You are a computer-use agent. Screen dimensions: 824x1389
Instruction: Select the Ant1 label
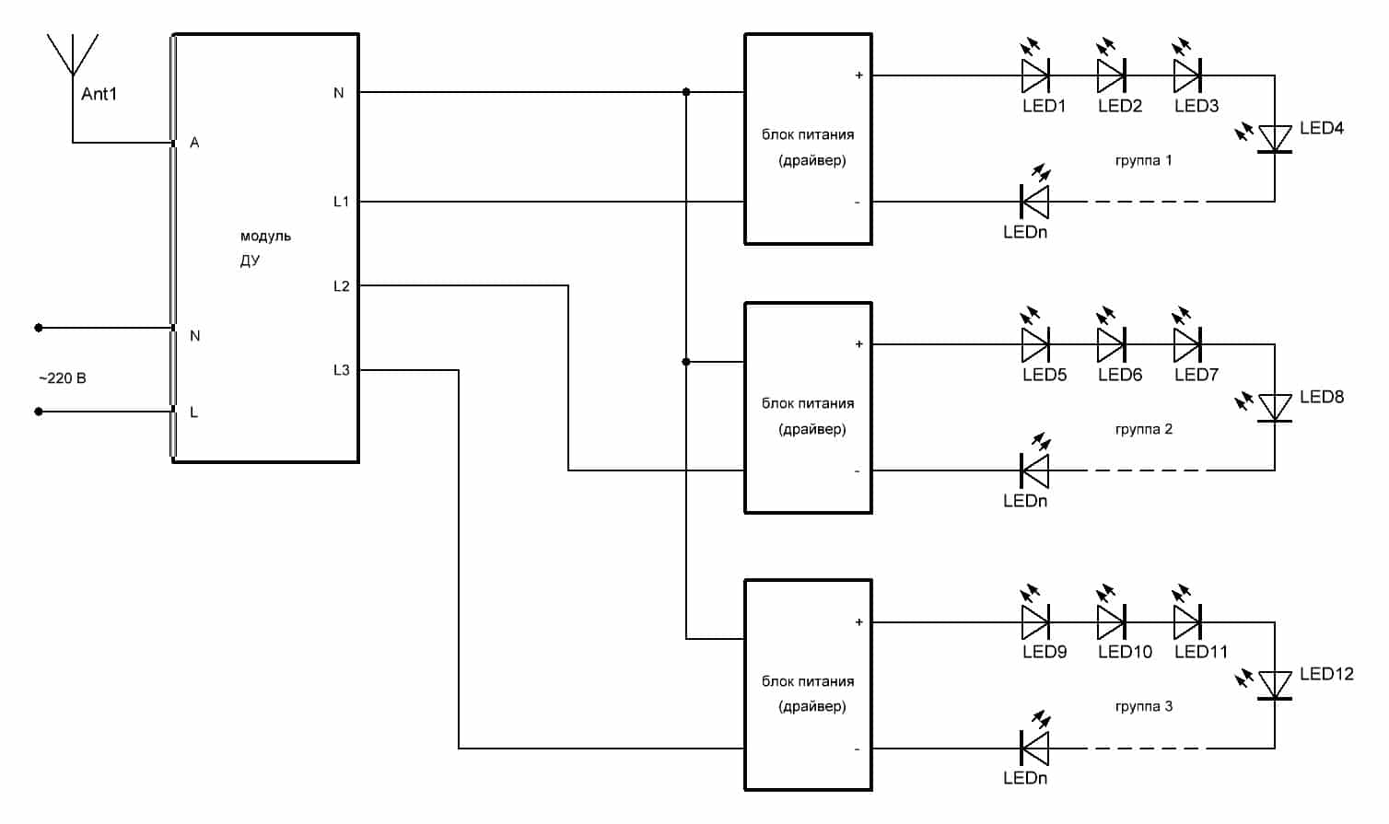point(99,94)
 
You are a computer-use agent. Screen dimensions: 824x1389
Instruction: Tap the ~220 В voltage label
point(63,378)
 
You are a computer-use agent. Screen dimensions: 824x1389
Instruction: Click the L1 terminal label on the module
point(341,202)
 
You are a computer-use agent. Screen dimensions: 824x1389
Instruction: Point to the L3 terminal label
point(341,370)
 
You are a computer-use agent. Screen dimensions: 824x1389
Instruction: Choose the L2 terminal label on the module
point(341,286)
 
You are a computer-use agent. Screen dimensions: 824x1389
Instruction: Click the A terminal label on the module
point(194,143)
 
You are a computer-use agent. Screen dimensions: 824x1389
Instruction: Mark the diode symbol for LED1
point(1035,75)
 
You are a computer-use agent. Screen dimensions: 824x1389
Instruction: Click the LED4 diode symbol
point(1275,138)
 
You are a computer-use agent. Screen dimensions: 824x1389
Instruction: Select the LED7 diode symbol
point(1187,344)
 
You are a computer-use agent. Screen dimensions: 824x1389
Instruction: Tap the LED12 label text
point(1326,674)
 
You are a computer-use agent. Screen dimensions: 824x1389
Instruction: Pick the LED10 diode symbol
point(1111,622)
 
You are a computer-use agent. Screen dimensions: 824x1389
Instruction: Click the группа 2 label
point(1143,429)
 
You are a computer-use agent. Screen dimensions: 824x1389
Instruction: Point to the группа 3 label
point(1143,706)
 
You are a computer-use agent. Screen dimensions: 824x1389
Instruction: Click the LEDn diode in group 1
point(1035,202)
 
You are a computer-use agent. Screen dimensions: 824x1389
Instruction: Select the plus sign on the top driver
point(858,75)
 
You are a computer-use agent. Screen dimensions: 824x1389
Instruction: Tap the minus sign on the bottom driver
point(857,749)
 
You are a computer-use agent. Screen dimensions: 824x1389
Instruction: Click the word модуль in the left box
point(265,236)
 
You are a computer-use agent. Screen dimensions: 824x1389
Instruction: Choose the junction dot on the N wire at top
point(686,92)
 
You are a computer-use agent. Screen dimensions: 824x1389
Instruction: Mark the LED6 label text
point(1120,375)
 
